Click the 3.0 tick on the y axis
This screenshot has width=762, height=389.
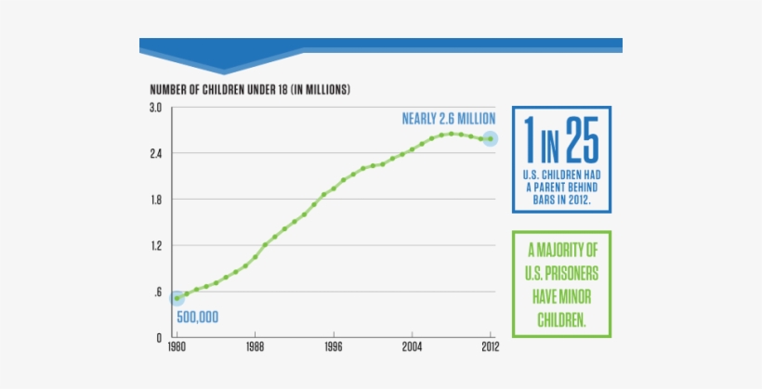[156, 108]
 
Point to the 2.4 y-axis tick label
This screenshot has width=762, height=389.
[156, 153]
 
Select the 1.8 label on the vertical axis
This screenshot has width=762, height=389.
[156, 200]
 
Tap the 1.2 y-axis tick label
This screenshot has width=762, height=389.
[156, 246]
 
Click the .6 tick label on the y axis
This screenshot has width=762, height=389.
[158, 292]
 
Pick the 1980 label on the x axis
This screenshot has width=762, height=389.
[177, 347]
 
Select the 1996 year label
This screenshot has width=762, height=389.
[335, 347]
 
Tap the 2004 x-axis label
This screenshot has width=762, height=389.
[413, 347]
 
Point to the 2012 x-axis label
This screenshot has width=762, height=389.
[491, 347]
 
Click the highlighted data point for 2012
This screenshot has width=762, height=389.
[490, 139]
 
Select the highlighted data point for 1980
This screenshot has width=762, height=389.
[177, 298]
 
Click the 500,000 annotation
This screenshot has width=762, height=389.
[197, 318]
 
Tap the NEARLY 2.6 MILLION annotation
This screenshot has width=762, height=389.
[448, 119]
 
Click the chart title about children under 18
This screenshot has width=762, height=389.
[250, 89]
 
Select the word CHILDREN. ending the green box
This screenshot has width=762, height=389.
[562, 318]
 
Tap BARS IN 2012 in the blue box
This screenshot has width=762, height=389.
[561, 199]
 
